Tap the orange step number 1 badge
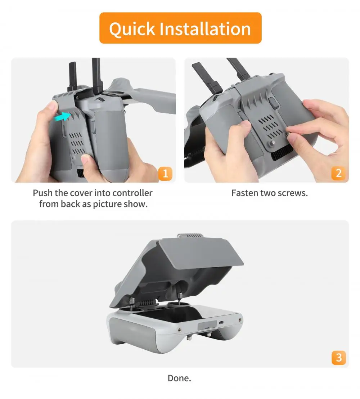(165, 174)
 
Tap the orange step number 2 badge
(338, 174)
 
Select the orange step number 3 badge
(338, 358)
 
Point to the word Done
(179, 378)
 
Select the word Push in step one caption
(42, 193)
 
